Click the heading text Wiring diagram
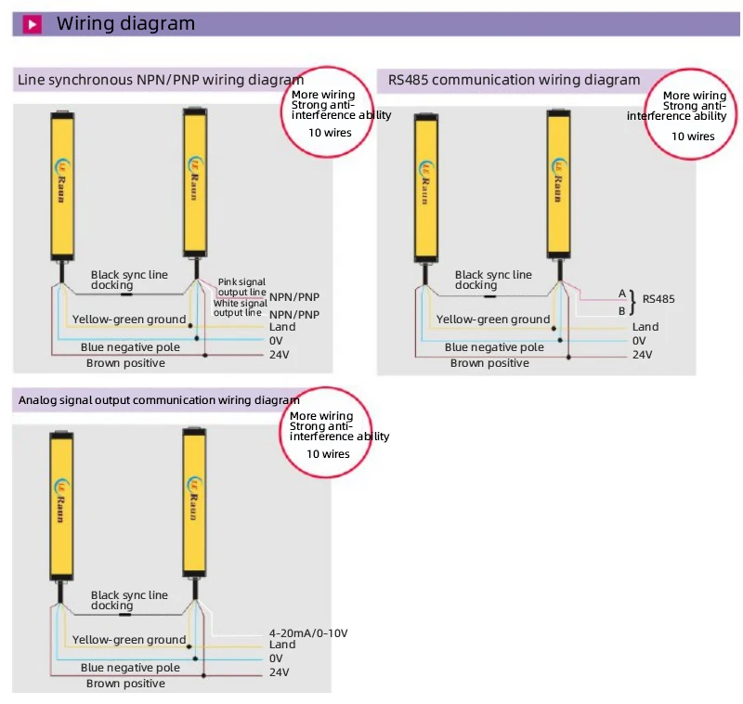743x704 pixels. (x=126, y=24)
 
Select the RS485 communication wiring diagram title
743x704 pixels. (x=514, y=80)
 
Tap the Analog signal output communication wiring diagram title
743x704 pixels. (x=159, y=400)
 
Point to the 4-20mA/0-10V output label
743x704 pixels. (x=308, y=632)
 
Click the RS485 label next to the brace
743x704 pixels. (x=658, y=299)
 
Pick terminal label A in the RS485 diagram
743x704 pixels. (x=622, y=293)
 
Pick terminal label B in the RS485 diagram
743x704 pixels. (x=622, y=310)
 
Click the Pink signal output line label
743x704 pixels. (x=241, y=286)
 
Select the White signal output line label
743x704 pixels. (x=241, y=307)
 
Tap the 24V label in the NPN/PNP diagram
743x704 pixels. (x=280, y=355)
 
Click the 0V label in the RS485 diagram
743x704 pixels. (x=641, y=340)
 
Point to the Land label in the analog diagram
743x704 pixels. (x=282, y=645)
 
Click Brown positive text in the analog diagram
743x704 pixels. (x=125, y=684)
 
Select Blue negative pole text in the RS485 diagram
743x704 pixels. (x=494, y=347)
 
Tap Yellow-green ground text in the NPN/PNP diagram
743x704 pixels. (x=129, y=319)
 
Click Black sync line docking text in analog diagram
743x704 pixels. (x=129, y=600)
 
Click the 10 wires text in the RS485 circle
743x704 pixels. (x=693, y=136)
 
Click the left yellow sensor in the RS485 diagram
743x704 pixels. (x=426, y=186)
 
